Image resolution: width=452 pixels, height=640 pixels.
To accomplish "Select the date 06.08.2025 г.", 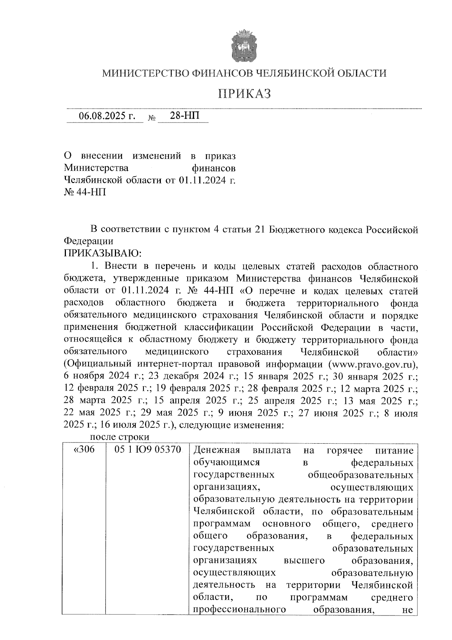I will pyautogui.click(x=107, y=116).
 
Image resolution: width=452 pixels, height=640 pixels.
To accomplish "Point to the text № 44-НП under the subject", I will pyautogui.click(x=85, y=192).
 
